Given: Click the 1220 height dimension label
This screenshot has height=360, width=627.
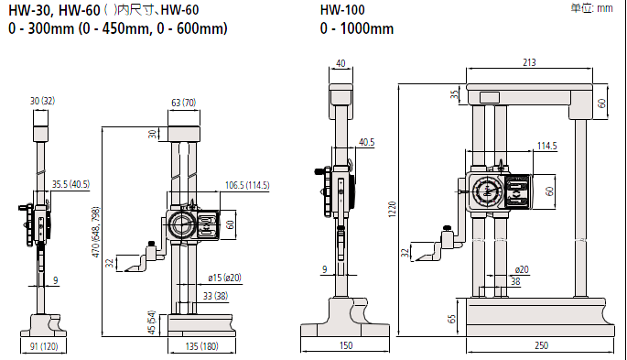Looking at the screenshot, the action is coord(392,209).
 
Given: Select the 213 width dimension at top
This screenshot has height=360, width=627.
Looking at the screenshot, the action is coord(529,62).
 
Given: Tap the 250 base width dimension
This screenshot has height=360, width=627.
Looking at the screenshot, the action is coord(542,345).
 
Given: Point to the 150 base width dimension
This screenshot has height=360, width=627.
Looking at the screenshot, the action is coord(346,345).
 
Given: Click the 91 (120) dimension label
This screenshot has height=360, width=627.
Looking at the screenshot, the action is coord(44,346).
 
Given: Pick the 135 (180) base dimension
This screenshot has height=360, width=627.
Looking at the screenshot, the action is coord(202,346).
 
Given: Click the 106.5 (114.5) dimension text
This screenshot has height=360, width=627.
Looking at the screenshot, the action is coord(247,185).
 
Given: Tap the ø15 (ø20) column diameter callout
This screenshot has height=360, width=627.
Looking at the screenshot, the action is coord(225,278).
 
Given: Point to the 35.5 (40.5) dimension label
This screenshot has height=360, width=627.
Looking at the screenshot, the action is coord(70,184).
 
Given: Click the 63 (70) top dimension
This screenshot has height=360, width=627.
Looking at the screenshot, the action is coord(184,103).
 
